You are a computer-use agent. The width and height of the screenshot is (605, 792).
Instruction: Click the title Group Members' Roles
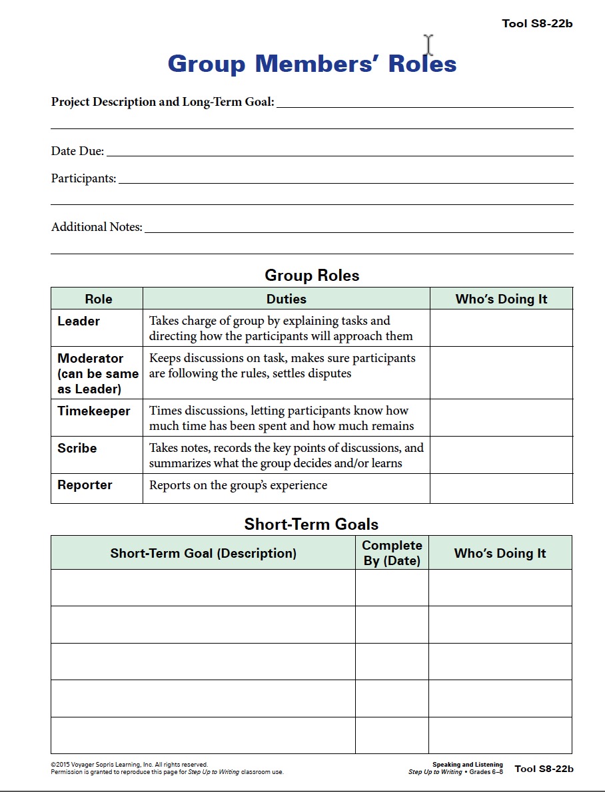pyautogui.click(x=312, y=64)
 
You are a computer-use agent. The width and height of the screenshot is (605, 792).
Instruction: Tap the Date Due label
pyautogui.click(x=77, y=151)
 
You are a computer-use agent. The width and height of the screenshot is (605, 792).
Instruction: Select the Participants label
pyautogui.click(x=83, y=178)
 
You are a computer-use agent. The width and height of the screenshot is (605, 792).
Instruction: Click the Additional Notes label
pyautogui.click(x=97, y=227)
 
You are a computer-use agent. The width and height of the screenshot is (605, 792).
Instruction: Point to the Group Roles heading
pyautogui.click(x=312, y=276)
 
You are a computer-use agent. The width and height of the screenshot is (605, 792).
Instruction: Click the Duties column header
pyautogui.click(x=287, y=299)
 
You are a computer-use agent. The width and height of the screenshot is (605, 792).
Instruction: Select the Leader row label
pyautogui.click(x=79, y=321)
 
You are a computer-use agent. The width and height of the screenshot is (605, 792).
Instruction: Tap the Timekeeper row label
pyautogui.click(x=94, y=411)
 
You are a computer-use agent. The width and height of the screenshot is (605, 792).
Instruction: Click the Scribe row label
pyautogui.click(x=77, y=449)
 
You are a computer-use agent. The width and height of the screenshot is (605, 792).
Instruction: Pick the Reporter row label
pyautogui.click(x=85, y=485)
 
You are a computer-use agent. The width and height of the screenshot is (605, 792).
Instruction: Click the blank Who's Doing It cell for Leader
pyautogui.click(x=501, y=327)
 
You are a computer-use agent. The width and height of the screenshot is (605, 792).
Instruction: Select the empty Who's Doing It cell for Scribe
pyautogui.click(x=501, y=455)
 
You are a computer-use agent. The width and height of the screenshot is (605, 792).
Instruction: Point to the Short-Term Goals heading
pyautogui.click(x=311, y=524)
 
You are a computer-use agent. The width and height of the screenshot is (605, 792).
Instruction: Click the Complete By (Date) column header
pyautogui.click(x=392, y=553)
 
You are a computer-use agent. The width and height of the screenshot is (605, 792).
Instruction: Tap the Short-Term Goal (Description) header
pyautogui.click(x=203, y=553)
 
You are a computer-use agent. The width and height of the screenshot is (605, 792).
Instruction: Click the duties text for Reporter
pyautogui.click(x=238, y=485)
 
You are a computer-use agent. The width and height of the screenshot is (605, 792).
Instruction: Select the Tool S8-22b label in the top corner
pyautogui.click(x=537, y=24)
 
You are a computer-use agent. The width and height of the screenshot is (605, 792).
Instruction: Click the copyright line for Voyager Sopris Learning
pyautogui.click(x=129, y=765)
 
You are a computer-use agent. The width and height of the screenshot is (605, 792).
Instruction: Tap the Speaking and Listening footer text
pyautogui.click(x=468, y=765)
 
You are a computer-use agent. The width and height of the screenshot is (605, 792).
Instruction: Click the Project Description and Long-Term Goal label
pyautogui.click(x=163, y=102)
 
